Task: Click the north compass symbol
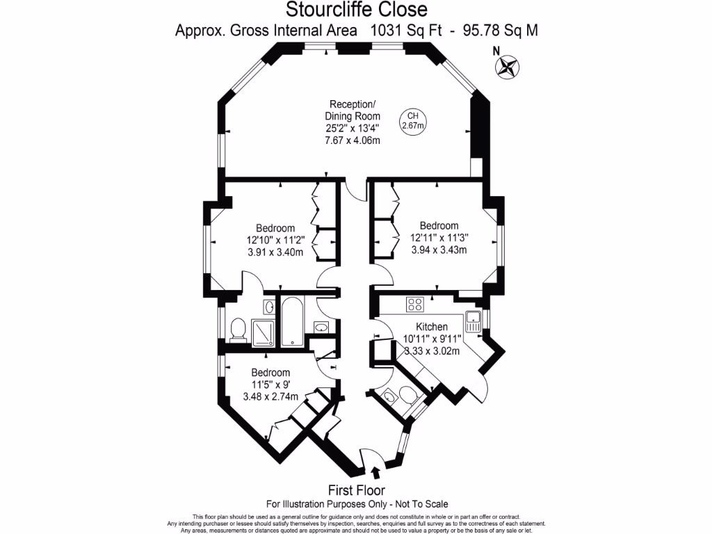pos(508,67)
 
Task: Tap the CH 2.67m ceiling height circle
pos(412,121)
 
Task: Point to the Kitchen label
pos(432,327)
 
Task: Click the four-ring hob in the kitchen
pos(416,304)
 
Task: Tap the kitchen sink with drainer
pos(474,320)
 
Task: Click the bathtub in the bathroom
pos(291,321)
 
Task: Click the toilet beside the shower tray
pos(238,328)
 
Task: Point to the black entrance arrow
pos(376,473)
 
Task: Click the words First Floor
pos(357,490)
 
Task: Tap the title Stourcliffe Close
pos(357,10)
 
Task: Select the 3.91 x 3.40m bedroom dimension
pos(275,252)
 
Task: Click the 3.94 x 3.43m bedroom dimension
pos(438,250)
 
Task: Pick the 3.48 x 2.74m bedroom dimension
pos(270,396)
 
